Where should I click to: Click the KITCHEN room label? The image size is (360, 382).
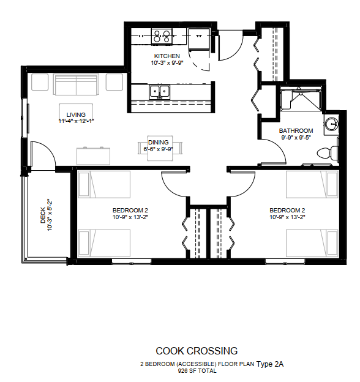point(167,56)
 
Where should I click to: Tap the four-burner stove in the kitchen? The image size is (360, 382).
point(162,36)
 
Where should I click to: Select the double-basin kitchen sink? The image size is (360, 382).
point(160,92)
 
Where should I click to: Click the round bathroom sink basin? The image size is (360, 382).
point(332,124)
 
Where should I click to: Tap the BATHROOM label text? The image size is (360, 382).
point(296,131)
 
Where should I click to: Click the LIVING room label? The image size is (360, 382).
point(76,114)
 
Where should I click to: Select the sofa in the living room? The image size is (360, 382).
point(77,84)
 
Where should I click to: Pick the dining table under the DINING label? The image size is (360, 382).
point(160,148)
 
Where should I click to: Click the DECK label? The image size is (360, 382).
point(43,215)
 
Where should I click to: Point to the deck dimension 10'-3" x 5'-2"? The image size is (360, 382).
point(50,215)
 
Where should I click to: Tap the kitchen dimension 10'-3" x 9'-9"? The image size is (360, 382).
point(167,63)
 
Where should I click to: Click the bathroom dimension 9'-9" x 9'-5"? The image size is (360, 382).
point(296,137)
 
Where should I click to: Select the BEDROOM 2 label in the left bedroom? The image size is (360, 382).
point(130,210)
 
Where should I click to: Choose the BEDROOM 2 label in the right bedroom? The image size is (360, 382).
point(287,210)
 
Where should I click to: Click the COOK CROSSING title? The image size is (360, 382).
point(197,351)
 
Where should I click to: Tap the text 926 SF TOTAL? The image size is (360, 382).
point(197,371)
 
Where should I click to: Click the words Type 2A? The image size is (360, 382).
point(270,364)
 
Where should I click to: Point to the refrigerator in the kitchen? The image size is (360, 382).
point(199,39)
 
